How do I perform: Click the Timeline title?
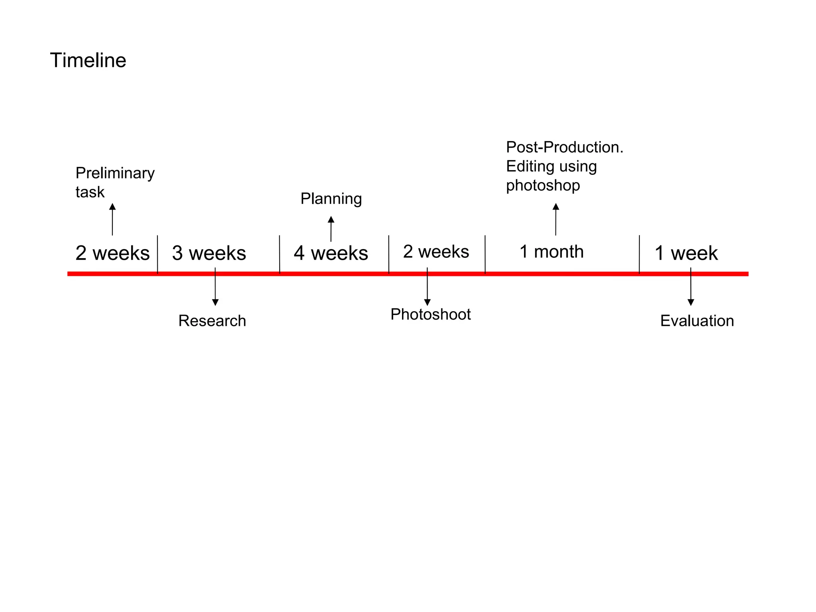88,61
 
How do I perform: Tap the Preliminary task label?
115,182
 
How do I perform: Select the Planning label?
331,198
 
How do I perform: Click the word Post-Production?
564,147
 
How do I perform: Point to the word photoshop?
543,186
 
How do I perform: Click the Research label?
212,321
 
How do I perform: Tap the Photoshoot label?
430,314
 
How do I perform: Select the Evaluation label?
697,321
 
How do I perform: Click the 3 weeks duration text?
209,253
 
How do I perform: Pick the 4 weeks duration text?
331,253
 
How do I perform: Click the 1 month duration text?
551,252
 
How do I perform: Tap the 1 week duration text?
686,253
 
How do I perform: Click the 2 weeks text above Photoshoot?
436,252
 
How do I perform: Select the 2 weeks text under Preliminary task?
112,253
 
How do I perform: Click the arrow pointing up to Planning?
331,229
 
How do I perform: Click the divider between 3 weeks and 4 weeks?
280,254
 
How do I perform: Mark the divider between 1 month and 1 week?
639,254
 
